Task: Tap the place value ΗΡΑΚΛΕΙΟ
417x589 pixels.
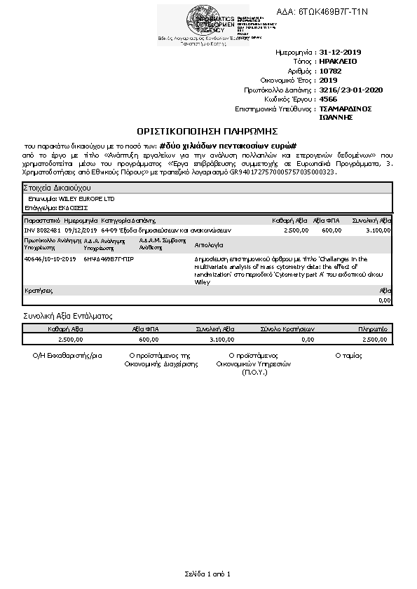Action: click(338, 62)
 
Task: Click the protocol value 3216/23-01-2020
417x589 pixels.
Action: click(350, 90)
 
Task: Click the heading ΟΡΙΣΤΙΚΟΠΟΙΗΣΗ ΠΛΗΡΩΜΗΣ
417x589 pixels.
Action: click(208, 131)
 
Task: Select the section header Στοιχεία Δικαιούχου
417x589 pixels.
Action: click(55, 188)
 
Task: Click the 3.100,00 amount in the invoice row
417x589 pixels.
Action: click(378, 230)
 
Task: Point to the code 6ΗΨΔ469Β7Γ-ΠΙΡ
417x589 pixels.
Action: click(109, 259)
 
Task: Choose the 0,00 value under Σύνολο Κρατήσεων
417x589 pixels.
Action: click(307, 339)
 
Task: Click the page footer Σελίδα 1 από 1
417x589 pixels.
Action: click(207, 574)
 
